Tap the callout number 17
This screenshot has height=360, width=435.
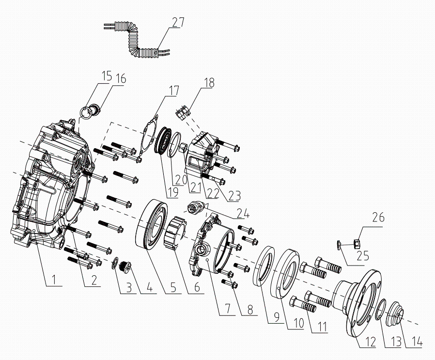point(174,90)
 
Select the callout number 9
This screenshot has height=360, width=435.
point(276,317)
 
